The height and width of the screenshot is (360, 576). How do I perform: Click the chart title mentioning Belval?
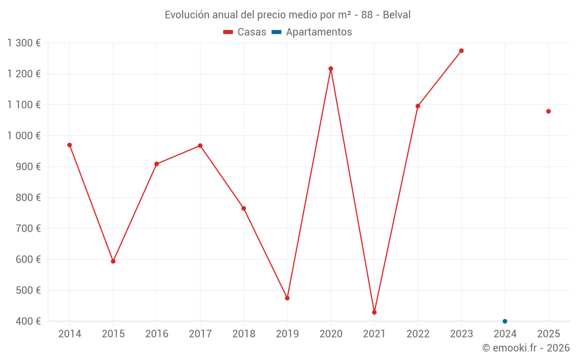click(x=287, y=15)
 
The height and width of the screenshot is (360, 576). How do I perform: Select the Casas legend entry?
click(x=245, y=32)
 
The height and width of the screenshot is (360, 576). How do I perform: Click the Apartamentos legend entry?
click(x=312, y=32)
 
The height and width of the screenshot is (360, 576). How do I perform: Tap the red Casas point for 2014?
click(x=70, y=145)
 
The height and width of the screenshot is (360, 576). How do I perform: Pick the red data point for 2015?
click(x=113, y=262)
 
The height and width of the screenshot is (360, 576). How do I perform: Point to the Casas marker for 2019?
click(x=287, y=298)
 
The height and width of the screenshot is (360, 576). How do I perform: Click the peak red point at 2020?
click(x=331, y=69)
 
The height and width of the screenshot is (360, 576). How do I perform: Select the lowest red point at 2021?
click(x=374, y=312)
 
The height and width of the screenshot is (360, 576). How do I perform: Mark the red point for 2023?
click(x=461, y=51)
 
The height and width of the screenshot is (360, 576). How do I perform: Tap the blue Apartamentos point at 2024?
click(x=505, y=321)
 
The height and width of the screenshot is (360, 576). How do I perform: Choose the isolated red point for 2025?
click(x=548, y=111)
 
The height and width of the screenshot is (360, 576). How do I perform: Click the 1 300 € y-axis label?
click(x=24, y=43)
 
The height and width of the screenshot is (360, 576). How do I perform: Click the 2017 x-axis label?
click(x=200, y=334)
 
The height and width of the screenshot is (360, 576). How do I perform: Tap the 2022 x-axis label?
click(x=418, y=334)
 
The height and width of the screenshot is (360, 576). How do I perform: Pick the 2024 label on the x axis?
click(x=505, y=334)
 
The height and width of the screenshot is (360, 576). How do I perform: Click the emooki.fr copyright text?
click(x=525, y=348)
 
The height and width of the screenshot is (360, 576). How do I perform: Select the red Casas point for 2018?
click(x=244, y=209)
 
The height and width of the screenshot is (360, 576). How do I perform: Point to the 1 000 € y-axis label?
click(x=24, y=136)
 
